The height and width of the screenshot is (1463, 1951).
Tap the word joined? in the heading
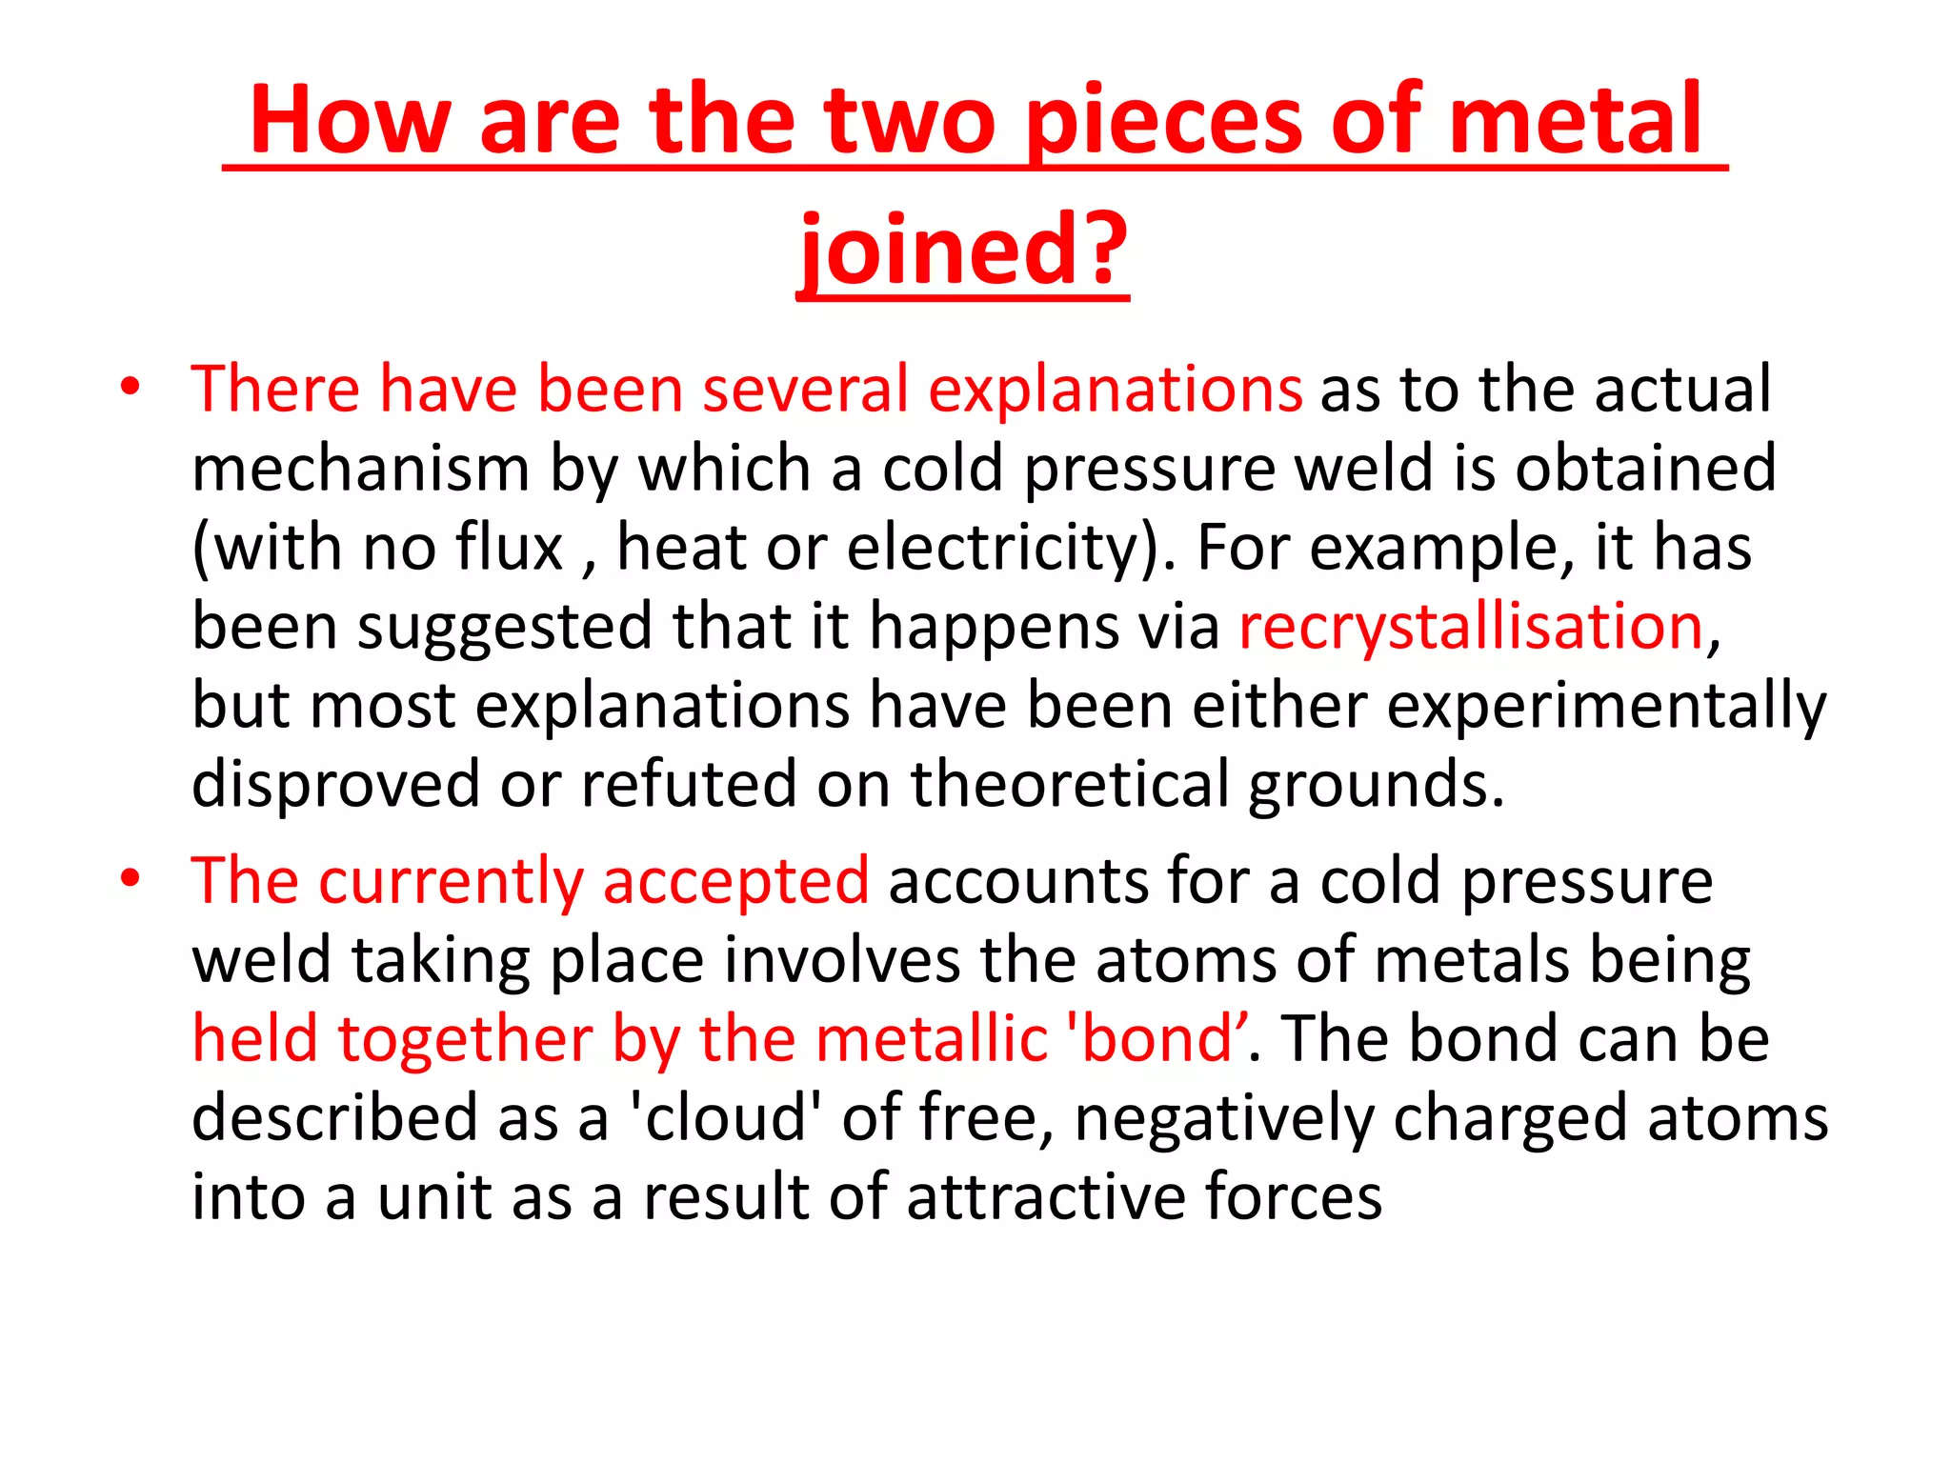pyautogui.click(x=963, y=250)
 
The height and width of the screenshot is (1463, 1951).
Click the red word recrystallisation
pyautogui.click(x=1471, y=627)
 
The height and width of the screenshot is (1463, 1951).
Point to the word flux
pyautogui.click(x=510, y=548)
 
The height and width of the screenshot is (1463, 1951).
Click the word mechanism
pyautogui.click(x=361, y=469)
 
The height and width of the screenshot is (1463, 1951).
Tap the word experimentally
pyautogui.click(x=1606, y=706)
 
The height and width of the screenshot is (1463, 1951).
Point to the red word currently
pyautogui.click(x=451, y=881)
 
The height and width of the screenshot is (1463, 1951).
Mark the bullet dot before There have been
pyautogui.click(x=131, y=388)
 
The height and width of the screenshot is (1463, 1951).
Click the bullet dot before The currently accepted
pyautogui.click(x=131, y=877)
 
